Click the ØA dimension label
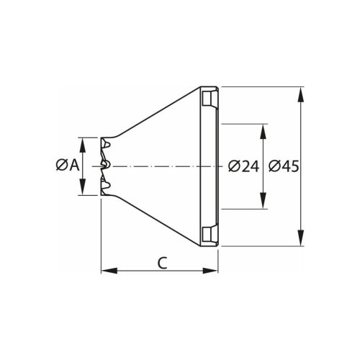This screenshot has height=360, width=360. (67, 166)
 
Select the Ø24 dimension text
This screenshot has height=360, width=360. (243, 166)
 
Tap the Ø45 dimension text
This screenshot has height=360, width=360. (283, 166)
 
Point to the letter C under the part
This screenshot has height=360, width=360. (163, 263)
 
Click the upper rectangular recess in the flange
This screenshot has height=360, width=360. (208, 97)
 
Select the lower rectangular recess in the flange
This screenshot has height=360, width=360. (208, 235)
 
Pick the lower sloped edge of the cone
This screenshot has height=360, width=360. (155, 220)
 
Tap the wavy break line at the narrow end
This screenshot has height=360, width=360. (106, 166)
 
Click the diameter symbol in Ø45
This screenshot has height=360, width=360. (274, 166)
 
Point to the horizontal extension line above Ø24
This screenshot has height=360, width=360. (245, 124)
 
